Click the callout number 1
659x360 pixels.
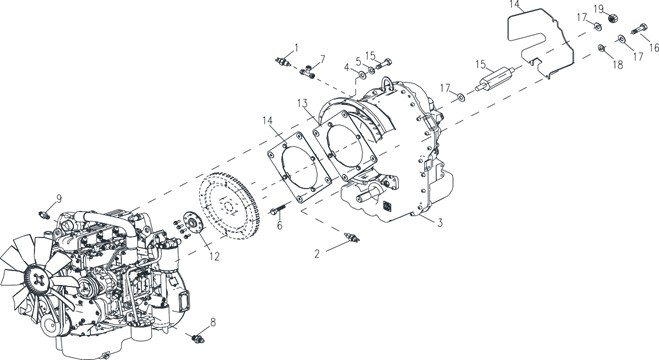pyautogui.click(x=296, y=47)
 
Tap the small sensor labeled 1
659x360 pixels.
pyautogui.click(x=283, y=61)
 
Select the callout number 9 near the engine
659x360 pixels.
pyautogui.click(x=59, y=198)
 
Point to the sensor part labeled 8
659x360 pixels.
pyautogui.click(x=197, y=338)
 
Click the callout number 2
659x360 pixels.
pyautogui.click(x=317, y=253)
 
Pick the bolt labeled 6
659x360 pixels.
pyautogui.click(x=279, y=209)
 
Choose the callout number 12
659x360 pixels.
pyautogui.click(x=215, y=256)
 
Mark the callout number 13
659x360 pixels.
pyautogui.click(x=302, y=103)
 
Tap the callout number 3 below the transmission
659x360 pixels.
pyautogui.click(x=440, y=222)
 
